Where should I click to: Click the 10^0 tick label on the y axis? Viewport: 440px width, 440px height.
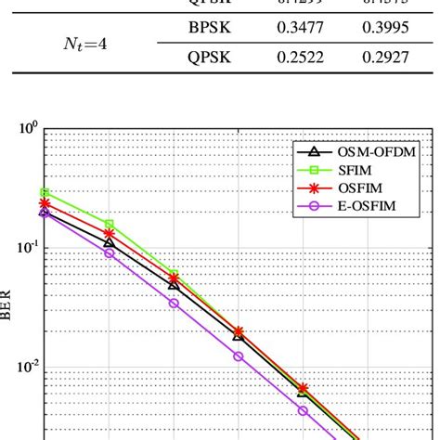click(28, 128)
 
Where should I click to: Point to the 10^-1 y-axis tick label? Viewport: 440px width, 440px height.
click(27, 248)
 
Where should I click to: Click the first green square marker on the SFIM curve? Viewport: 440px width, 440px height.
click(45, 192)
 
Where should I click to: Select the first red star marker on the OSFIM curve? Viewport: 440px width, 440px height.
click(45, 201)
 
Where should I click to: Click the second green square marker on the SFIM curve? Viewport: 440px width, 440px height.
click(110, 224)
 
